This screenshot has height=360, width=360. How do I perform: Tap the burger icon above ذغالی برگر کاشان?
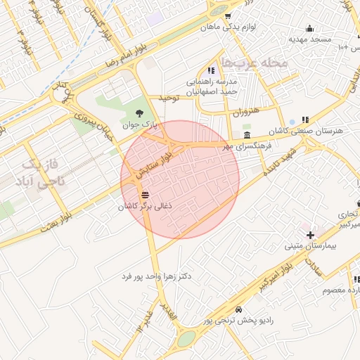tap(146, 195)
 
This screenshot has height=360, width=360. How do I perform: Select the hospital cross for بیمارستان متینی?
tap(310, 234)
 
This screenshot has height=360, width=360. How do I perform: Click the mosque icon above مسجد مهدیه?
tap(309, 29)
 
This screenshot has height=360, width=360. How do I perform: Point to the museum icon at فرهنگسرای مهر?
tap(247, 135)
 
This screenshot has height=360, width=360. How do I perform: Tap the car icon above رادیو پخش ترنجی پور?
tap(239, 309)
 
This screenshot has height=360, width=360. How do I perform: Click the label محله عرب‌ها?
tap(255, 63)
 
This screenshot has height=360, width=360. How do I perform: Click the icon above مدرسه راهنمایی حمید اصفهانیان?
tap(211, 70)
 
